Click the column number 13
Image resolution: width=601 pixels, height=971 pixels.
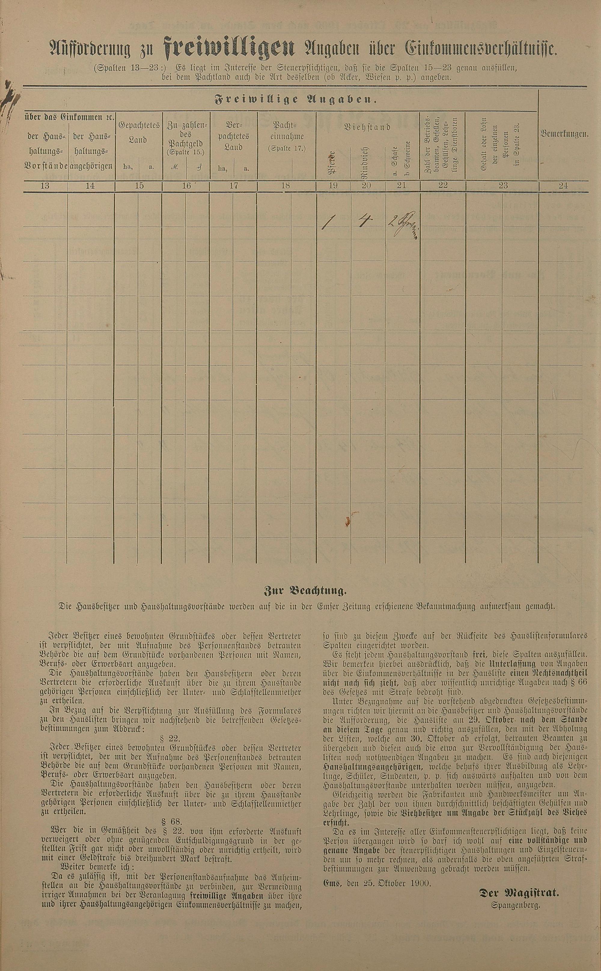(45, 185)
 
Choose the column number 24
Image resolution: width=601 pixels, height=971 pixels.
(563, 185)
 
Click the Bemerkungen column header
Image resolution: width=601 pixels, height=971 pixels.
(564, 134)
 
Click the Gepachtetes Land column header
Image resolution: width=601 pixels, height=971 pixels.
(138, 132)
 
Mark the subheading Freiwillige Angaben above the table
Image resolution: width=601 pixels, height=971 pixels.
(296, 100)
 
